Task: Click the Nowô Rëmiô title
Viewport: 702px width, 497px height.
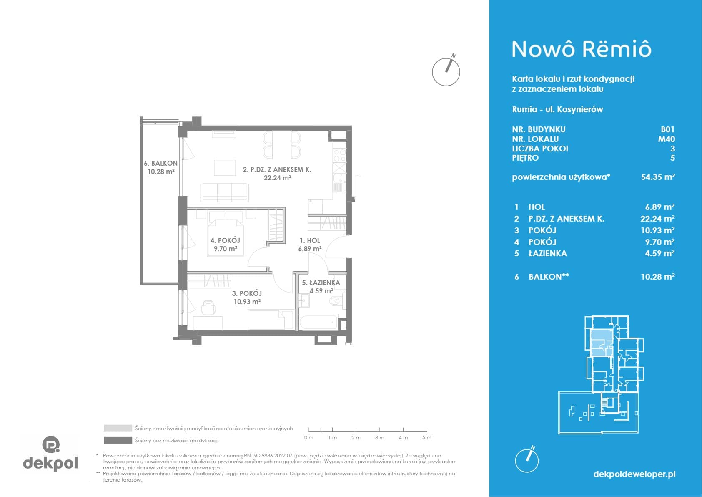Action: coord(582,49)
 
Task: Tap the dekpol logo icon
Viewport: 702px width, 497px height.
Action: coord(51,444)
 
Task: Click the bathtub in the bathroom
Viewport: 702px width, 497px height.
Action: coord(319,323)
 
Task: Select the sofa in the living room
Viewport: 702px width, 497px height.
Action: coord(225,192)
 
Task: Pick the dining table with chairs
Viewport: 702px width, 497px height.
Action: coord(282,145)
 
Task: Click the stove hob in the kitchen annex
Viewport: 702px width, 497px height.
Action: coord(339,156)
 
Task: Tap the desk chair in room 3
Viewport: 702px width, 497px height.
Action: coord(208,308)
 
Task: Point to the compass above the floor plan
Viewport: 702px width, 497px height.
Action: coord(446,71)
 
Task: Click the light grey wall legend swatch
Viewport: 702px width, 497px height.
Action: coord(118,428)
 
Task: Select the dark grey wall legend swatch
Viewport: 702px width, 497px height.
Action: coord(118,441)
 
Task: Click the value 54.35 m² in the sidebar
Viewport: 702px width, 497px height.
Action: coord(658,177)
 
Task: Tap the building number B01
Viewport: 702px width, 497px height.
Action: coord(667,129)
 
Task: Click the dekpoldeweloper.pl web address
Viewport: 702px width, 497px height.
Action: coord(634,474)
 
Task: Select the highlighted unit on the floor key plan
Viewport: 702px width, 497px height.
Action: coord(601,343)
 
